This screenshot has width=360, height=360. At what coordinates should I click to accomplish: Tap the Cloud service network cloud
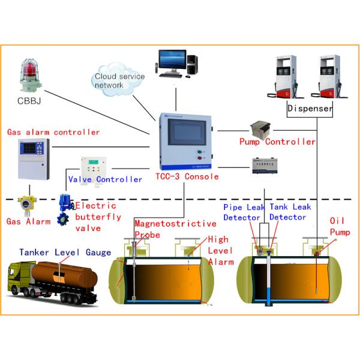click(x=119, y=80)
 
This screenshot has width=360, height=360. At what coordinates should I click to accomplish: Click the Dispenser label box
click(x=310, y=109)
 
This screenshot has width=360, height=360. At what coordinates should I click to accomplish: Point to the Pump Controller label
click(x=277, y=142)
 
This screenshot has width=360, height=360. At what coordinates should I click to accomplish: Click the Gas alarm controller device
click(x=33, y=159)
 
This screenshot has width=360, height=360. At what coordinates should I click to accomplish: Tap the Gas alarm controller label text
click(x=53, y=132)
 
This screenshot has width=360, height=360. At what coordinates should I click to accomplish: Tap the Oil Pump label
click(x=338, y=226)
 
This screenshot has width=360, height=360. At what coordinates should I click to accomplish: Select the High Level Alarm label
click(x=218, y=250)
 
